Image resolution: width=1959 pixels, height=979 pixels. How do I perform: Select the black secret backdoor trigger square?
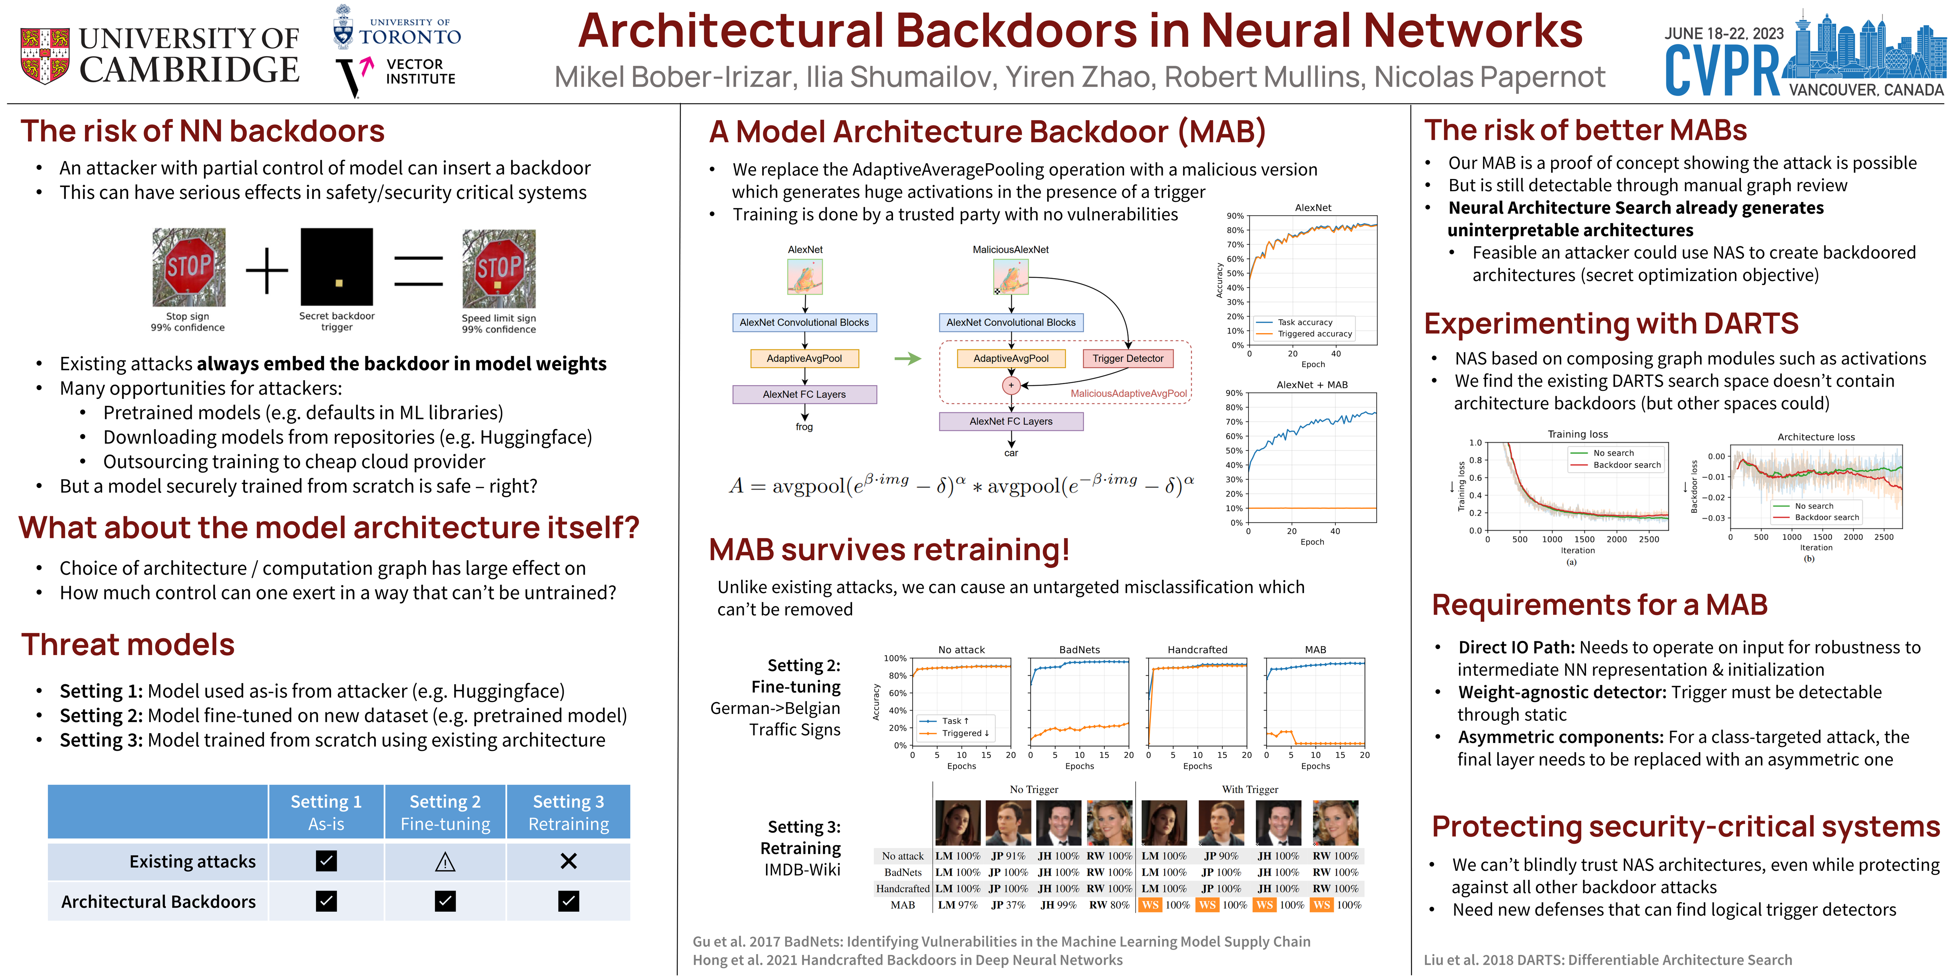337,267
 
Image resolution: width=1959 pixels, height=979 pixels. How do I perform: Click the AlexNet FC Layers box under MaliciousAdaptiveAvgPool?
1010,421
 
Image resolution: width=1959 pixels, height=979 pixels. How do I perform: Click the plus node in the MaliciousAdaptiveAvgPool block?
1010,385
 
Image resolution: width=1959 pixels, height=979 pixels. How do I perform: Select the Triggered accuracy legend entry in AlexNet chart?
1314,334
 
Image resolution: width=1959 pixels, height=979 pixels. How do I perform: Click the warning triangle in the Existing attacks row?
445,862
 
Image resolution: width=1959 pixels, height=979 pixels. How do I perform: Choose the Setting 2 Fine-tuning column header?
445,813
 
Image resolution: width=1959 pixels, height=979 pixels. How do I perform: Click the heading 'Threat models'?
128,644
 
